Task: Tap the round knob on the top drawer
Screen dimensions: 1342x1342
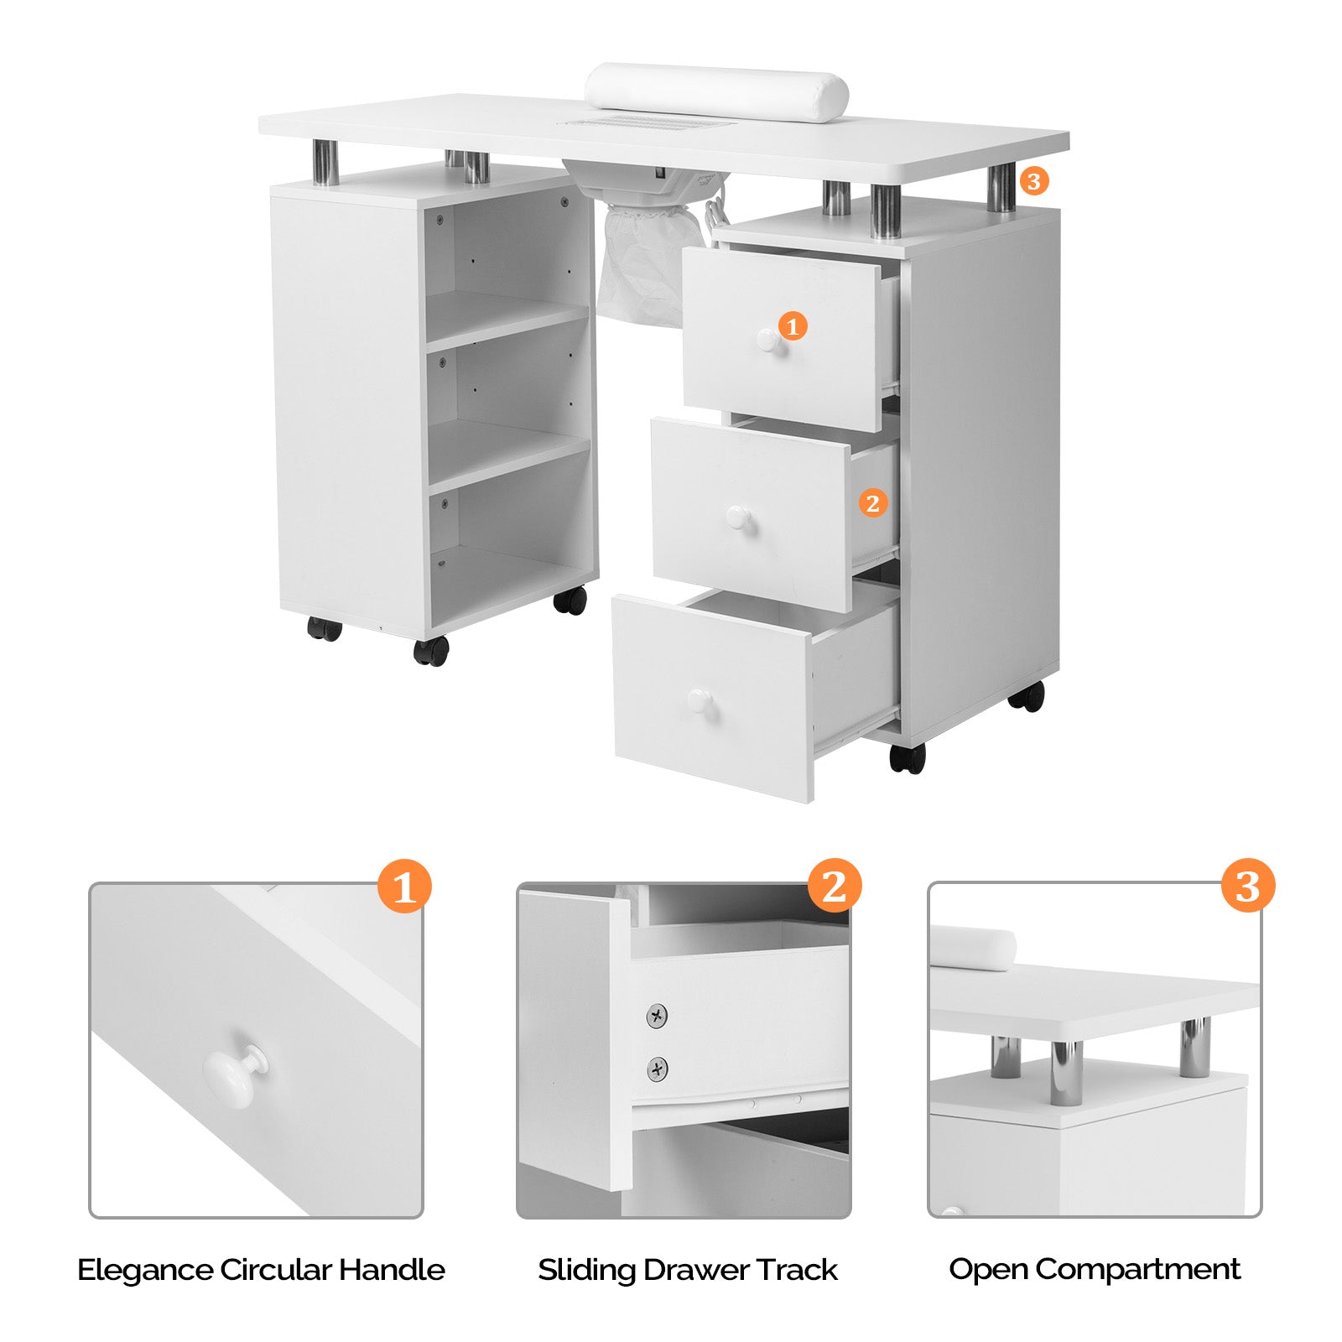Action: [x=768, y=340]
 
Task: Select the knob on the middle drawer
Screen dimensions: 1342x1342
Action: [x=739, y=518]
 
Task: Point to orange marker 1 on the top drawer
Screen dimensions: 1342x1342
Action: [x=793, y=325]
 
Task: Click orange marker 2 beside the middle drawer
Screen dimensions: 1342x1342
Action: [x=872, y=503]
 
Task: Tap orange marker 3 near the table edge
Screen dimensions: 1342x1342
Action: [x=1033, y=180]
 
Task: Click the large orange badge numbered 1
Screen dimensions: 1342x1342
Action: [x=404, y=886]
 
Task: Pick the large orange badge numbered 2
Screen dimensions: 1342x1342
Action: [x=834, y=885]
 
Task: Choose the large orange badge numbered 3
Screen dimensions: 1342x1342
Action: [x=1247, y=885]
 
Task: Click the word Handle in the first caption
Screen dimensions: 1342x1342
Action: [x=391, y=1269]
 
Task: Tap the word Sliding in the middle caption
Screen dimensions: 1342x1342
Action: [x=587, y=1269]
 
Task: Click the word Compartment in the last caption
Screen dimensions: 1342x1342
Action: [x=1137, y=1269]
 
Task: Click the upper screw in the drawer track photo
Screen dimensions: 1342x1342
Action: [x=658, y=1016]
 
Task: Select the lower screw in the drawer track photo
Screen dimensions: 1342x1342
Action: [x=658, y=1069]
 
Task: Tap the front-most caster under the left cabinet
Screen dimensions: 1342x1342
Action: [x=431, y=651]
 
